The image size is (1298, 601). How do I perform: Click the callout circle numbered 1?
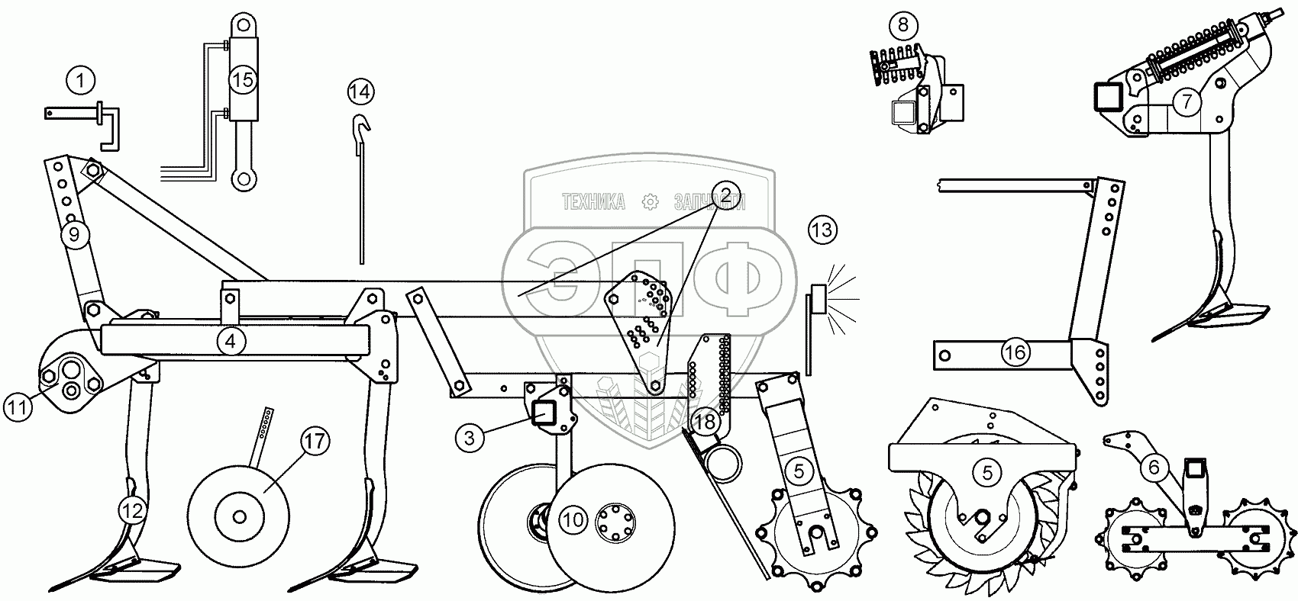tap(81, 79)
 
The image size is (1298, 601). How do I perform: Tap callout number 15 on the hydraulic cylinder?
tap(242, 81)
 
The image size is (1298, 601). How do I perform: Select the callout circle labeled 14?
tap(361, 92)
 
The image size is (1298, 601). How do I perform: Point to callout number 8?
tap(903, 25)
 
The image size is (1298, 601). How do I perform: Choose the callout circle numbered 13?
tap(823, 230)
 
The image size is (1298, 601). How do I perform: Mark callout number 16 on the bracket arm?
tap(1015, 352)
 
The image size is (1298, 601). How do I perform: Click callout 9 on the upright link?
tap(74, 235)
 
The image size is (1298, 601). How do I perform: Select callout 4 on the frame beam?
tap(231, 342)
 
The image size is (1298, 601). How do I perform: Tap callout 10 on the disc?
tap(573, 521)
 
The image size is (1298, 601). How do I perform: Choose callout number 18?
tap(706, 420)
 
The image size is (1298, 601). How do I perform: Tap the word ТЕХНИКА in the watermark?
tap(593, 202)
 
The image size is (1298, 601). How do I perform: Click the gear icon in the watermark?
tap(650, 202)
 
